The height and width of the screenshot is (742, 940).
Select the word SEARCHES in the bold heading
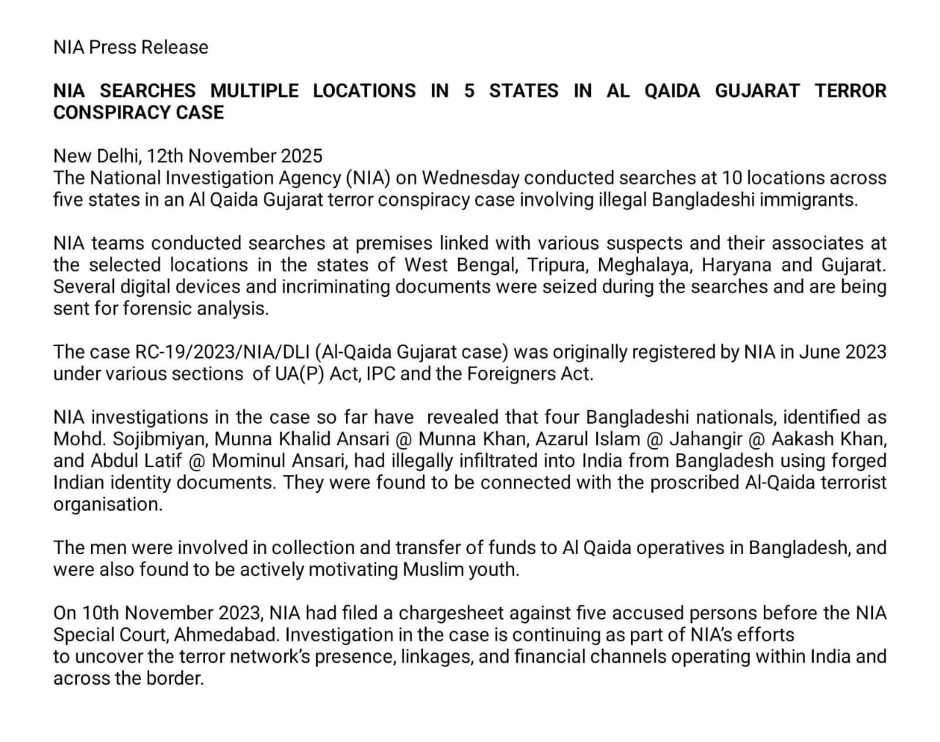click(x=148, y=91)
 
